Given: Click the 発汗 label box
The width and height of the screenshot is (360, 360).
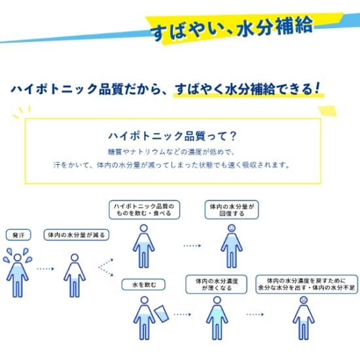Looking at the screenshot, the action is (x=18, y=235).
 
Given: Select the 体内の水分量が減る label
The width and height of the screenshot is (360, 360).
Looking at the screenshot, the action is (x=76, y=235).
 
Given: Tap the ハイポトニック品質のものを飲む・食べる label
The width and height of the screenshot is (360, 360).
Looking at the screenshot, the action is (x=144, y=209).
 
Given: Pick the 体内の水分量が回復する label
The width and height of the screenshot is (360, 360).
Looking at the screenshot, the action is (x=232, y=209).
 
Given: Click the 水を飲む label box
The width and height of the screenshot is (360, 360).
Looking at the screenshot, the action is (x=143, y=285).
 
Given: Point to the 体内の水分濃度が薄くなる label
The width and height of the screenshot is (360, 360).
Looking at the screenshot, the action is (x=216, y=284).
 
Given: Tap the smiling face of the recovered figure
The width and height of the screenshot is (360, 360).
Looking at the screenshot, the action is (x=232, y=228).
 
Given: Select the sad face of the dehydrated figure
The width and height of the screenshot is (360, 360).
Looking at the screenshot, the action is (x=304, y=300).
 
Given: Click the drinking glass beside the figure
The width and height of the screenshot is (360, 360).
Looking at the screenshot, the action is (x=162, y=314).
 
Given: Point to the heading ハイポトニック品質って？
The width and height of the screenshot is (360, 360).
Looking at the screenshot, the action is (x=172, y=136).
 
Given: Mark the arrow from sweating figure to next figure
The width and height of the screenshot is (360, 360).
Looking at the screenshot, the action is (x=45, y=268).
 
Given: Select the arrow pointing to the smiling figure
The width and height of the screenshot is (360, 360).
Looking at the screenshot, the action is (x=192, y=245).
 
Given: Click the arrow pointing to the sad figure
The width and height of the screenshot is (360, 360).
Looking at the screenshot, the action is (x=255, y=314).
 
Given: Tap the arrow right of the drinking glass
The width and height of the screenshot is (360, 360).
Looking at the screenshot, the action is (x=183, y=314).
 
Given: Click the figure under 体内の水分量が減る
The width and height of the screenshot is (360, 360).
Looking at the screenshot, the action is (x=75, y=276).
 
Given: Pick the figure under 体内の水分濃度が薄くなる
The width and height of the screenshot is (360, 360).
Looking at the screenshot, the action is (x=217, y=318).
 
